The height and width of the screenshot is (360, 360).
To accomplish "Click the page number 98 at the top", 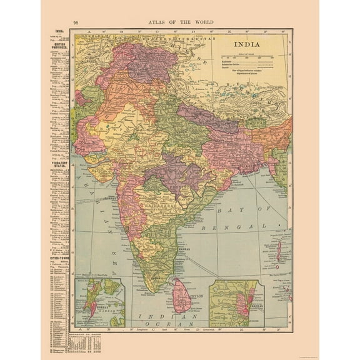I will click(x=76, y=22).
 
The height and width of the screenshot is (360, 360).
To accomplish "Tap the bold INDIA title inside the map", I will click(x=248, y=44).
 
